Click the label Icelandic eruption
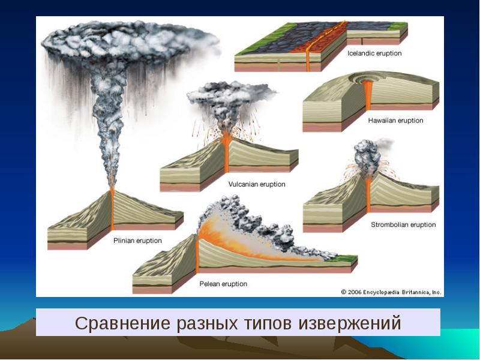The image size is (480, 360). click(374, 53)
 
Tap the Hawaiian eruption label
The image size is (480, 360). click(395, 121)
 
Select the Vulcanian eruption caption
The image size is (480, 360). click(257, 184)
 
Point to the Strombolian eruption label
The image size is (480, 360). click(403, 224)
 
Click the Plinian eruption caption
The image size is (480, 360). click(137, 241)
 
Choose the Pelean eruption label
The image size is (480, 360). click(223, 284)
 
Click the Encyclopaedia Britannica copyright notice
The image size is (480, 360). click(391, 292)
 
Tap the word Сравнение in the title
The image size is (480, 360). click(121, 323)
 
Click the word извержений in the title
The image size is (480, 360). click(350, 323)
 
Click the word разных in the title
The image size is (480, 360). click(207, 323)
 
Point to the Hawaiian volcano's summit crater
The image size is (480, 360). click(367, 79)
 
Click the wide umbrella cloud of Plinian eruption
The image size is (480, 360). click(130, 41)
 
